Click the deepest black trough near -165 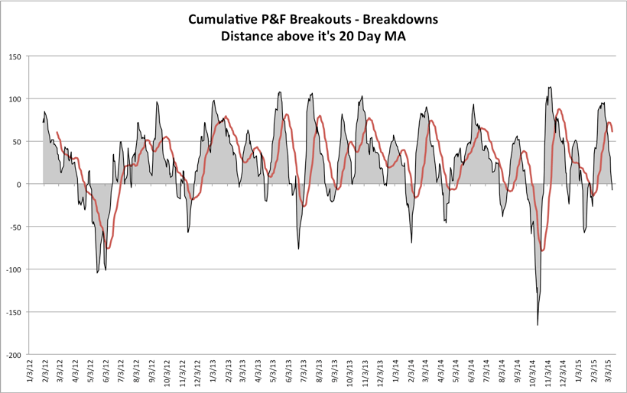click(x=538, y=325)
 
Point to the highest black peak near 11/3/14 click(x=550, y=87)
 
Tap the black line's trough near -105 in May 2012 click(x=97, y=272)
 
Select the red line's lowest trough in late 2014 click(x=542, y=250)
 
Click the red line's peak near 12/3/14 click(x=559, y=109)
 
